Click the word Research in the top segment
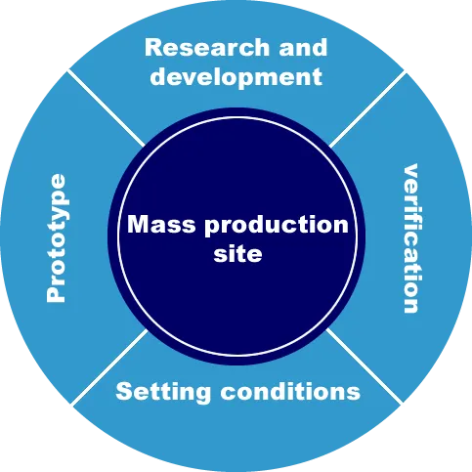(x=207, y=48)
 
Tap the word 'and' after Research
(x=303, y=48)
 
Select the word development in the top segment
(x=236, y=77)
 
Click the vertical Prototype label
(x=57, y=238)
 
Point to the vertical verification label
(x=410, y=238)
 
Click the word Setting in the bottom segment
(x=163, y=392)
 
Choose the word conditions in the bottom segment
(x=290, y=391)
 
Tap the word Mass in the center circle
(x=161, y=224)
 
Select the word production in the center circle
(x=277, y=225)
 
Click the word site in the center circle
(x=237, y=253)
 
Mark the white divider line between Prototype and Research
(x=107, y=108)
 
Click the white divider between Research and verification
(x=367, y=108)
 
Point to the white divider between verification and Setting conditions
(x=365, y=365)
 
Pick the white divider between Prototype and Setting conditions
(x=109, y=367)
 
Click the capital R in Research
(x=153, y=48)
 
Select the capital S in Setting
(x=124, y=391)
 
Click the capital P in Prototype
(x=56, y=294)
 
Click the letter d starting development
(x=158, y=76)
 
